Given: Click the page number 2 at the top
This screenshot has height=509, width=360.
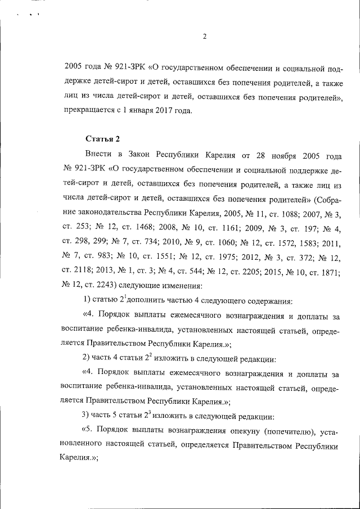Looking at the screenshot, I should pyautogui.click(x=205, y=37).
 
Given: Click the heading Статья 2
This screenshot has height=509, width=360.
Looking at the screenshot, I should pyautogui.click(x=103, y=138).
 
